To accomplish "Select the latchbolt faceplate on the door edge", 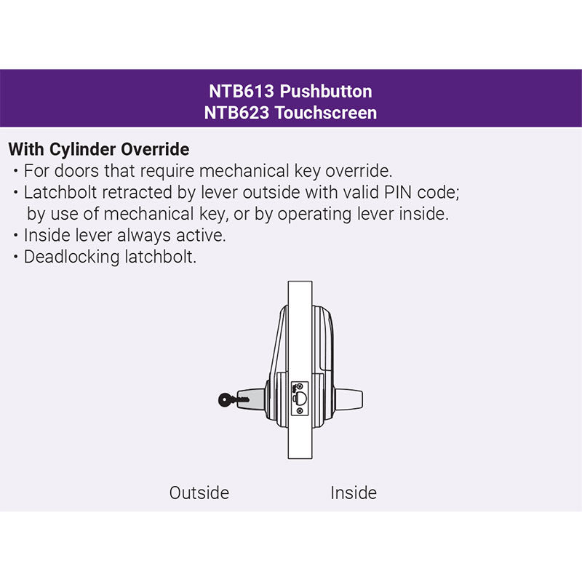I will (x=300, y=398).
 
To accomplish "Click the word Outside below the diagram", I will (x=199, y=493).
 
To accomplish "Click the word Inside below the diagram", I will (x=354, y=493).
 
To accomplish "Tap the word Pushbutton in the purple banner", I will (x=327, y=92).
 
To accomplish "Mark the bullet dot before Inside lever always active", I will (x=16, y=236).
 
